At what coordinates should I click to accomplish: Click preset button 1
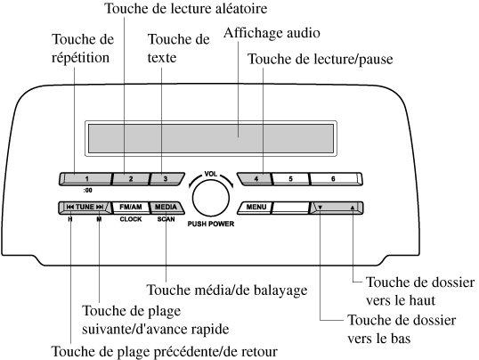point(85,179)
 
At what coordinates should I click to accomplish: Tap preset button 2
point(131,179)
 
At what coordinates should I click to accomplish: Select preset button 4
point(256,179)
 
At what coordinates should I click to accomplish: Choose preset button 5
point(290,179)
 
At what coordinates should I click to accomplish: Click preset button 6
point(336,179)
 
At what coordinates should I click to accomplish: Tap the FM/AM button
point(131,208)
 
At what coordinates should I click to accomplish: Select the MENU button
point(256,208)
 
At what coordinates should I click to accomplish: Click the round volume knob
point(211,198)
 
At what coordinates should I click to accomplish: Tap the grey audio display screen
point(211,138)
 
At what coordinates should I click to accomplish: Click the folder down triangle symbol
point(321,208)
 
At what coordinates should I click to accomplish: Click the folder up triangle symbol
point(353,208)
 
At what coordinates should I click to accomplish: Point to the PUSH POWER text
point(211,224)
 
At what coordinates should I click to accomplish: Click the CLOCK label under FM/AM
point(131,219)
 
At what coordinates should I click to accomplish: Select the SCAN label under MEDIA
point(166,219)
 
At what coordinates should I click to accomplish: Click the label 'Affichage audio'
point(272,33)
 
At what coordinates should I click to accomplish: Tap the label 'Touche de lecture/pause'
point(321,59)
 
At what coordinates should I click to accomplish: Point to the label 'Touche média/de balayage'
point(227,290)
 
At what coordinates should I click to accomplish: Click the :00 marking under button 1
point(87,191)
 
